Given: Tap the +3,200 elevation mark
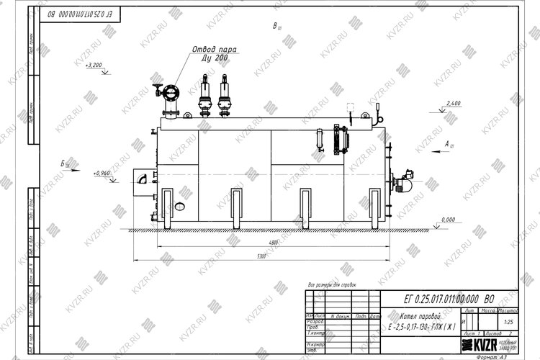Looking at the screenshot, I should click(x=94, y=66).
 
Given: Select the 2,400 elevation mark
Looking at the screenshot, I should click(x=453, y=104).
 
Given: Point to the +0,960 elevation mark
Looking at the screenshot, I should click(x=102, y=174).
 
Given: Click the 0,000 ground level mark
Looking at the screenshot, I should click(x=448, y=219).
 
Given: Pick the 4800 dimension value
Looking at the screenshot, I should click(x=269, y=243).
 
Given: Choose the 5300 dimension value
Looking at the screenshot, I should click(x=261, y=256).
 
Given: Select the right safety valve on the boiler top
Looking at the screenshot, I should click(x=224, y=94).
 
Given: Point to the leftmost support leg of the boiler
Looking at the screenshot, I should click(x=166, y=210).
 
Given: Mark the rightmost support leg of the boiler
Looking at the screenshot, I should click(x=374, y=210).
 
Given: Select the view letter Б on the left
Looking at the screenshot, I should click(x=64, y=164).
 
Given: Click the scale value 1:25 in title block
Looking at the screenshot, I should click(x=510, y=322).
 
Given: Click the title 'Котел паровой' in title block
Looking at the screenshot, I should click(x=420, y=317).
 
